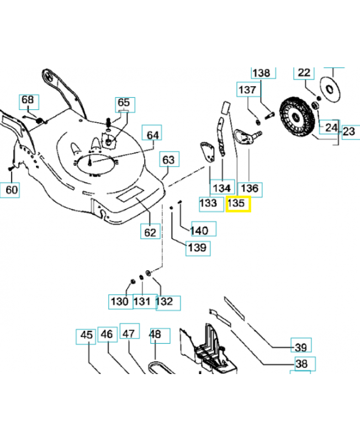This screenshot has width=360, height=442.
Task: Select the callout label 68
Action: [28, 101]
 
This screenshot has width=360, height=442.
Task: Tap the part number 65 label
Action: [124, 103]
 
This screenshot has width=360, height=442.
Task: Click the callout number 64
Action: [153, 134]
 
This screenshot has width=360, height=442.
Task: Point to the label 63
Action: [168, 160]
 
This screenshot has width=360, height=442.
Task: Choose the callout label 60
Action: [12, 190]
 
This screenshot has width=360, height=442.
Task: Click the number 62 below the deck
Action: [150, 232]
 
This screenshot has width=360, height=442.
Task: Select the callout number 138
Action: [261, 73]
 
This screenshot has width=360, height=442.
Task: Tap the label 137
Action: [247, 90]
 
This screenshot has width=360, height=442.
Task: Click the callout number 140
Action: [199, 230]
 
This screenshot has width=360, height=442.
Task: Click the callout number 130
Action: [119, 302]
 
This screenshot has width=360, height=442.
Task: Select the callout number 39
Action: [301, 347]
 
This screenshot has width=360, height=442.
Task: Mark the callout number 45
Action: [87, 334]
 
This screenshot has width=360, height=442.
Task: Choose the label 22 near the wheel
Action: [305, 72]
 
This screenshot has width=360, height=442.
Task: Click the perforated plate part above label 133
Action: [207, 151]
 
